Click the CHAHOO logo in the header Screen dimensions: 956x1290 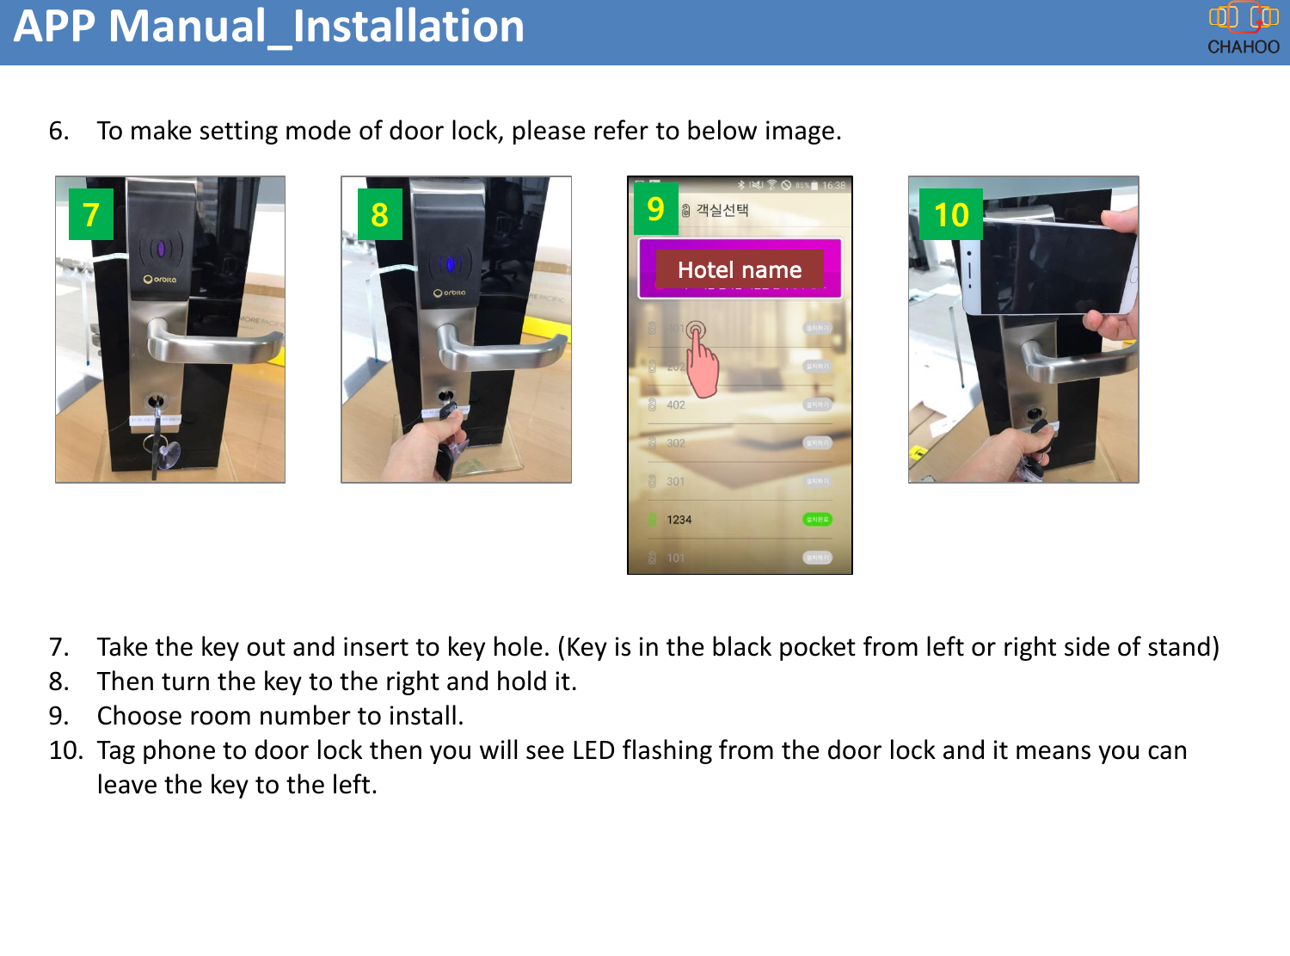(x=1243, y=29)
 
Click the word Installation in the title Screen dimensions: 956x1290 (x=408, y=26)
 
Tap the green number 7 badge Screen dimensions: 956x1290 (x=91, y=214)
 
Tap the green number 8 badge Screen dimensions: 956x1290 (x=379, y=214)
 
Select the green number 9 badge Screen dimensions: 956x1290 (x=655, y=209)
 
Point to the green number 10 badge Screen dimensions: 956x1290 (x=950, y=214)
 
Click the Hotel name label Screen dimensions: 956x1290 (x=739, y=270)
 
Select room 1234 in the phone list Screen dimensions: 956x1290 (x=679, y=520)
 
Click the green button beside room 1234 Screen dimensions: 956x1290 (x=817, y=519)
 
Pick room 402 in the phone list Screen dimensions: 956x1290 (x=676, y=405)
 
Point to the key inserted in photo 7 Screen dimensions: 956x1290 (x=157, y=430)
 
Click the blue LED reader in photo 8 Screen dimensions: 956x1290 (x=448, y=264)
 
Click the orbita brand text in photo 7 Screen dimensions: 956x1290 (x=161, y=280)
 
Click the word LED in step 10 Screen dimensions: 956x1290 (x=593, y=750)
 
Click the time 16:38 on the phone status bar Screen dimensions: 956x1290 (x=833, y=186)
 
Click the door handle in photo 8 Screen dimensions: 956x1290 (x=499, y=353)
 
